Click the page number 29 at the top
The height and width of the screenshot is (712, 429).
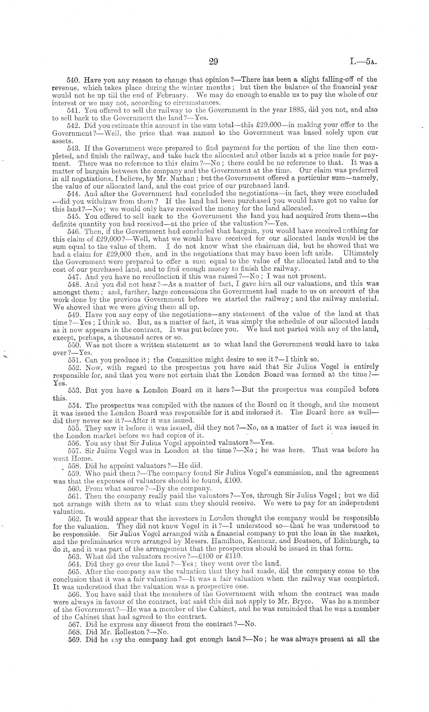coord(213,62)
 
